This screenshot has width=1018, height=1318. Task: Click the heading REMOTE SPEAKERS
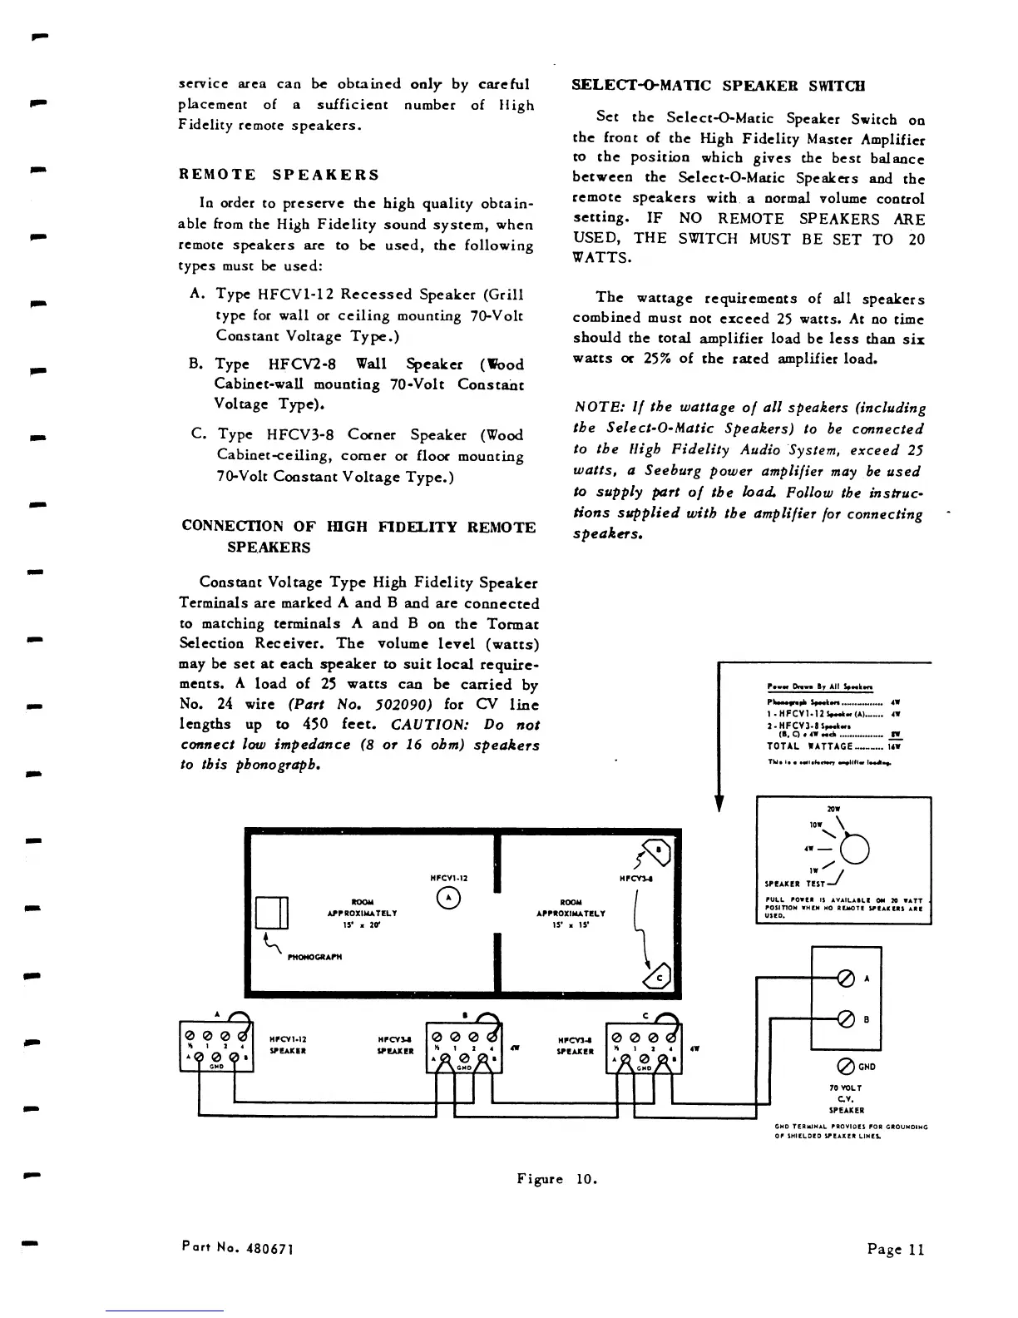coord(279,175)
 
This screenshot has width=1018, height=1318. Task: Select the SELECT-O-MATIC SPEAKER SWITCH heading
coord(719,86)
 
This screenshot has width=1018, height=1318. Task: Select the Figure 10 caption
coord(556,1179)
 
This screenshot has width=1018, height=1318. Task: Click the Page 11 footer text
coord(895,1249)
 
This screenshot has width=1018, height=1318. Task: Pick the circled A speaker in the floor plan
coord(448,897)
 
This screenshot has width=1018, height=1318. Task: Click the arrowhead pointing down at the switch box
coord(719,803)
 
